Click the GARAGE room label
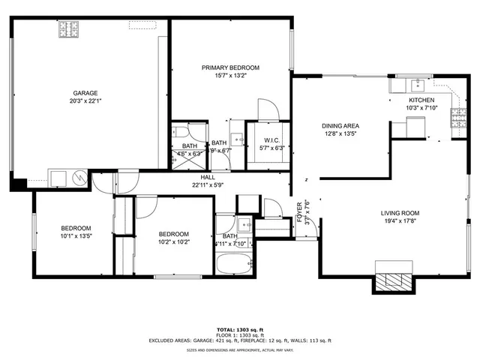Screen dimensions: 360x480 (85, 93)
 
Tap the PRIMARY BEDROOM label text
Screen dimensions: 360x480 (230, 67)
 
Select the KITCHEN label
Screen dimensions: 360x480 (421, 100)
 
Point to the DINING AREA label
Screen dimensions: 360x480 (340, 126)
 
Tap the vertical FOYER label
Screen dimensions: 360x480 (300, 212)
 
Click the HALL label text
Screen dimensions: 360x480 (207, 177)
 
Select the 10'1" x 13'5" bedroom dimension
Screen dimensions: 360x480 (76, 236)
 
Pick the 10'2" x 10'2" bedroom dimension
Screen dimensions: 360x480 (173, 241)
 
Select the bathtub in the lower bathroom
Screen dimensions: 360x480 (233, 265)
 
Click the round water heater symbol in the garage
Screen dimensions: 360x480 (78, 177)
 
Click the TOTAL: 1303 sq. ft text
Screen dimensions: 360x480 (239, 330)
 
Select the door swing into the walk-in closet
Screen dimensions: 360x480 (268, 111)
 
